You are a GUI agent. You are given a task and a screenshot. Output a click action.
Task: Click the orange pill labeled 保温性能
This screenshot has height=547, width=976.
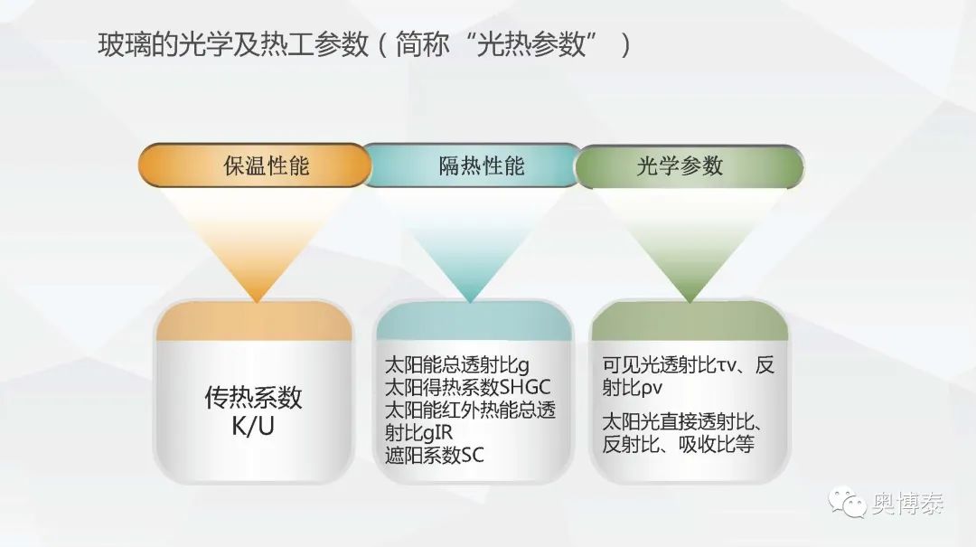pyautogui.click(x=255, y=165)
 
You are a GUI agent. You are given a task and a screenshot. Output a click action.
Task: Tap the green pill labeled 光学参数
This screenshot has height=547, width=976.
pyautogui.click(x=689, y=166)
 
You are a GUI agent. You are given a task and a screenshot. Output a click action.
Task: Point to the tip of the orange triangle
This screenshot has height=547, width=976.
pyautogui.click(x=257, y=302)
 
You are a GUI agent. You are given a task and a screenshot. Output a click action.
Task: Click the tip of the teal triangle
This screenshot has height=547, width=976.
pyautogui.click(x=471, y=302)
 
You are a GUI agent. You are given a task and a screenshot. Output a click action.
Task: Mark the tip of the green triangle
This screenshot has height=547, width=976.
pyautogui.click(x=689, y=302)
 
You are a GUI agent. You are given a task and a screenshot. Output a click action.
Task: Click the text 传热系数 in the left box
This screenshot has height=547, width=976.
pyautogui.click(x=253, y=397)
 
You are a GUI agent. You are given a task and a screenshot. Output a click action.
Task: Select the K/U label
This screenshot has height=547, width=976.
pyautogui.click(x=253, y=426)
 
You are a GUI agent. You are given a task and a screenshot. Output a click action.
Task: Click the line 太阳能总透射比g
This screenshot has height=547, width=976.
pyautogui.click(x=457, y=365)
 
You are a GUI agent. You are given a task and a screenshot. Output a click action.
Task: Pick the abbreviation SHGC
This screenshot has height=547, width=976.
pyautogui.click(x=525, y=388)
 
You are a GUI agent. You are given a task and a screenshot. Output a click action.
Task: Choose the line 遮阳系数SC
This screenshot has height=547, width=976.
pyautogui.click(x=435, y=455)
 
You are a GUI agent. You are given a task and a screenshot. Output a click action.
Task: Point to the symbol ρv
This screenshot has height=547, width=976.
pyautogui.click(x=651, y=388)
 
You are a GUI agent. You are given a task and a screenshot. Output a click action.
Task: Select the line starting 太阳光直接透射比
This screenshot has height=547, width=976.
pyautogui.click(x=683, y=421)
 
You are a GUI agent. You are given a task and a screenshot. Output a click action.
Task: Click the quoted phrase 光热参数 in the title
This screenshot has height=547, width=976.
pyautogui.click(x=531, y=45)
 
